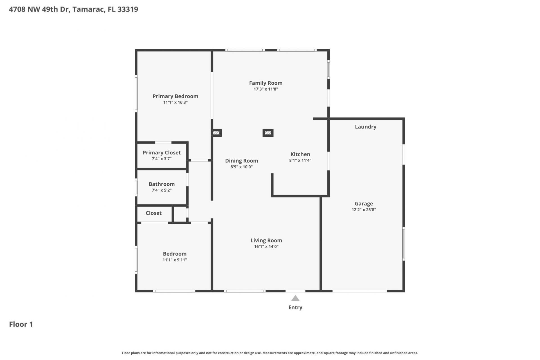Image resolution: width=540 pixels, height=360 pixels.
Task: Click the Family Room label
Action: point(265,83)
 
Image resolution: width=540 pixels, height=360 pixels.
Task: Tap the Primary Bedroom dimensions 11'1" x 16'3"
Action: point(175,102)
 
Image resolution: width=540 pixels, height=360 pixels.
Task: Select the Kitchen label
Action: point(300,154)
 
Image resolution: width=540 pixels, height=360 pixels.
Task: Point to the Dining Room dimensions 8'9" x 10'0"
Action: point(241,167)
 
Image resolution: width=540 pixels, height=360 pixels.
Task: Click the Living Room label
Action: point(266,240)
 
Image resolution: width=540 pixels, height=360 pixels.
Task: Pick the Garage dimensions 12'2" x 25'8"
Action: point(364,210)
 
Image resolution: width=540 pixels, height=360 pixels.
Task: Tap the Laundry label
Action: point(365,127)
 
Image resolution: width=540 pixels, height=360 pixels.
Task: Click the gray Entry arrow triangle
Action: point(295,298)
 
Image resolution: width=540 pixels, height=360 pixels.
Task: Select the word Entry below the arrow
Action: point(295,307)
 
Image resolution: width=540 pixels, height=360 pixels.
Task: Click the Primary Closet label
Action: point(161,152)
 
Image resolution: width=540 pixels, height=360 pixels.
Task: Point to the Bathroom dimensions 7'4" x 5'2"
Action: point(161,190)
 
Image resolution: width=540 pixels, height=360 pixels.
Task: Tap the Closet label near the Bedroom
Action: point(154,213)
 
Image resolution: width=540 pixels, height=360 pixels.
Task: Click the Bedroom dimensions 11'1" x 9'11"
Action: point(175,260)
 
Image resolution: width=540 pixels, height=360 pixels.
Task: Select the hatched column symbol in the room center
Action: point(268,133)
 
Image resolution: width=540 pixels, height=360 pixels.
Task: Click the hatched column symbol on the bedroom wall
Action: point(216,133)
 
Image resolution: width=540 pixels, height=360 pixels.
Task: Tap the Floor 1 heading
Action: point(21,324)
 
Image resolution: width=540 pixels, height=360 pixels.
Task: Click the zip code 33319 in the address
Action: point(128,9)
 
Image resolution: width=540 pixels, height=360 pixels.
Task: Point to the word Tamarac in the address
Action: point(89,9)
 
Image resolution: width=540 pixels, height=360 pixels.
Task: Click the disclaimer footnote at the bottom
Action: point(270,353)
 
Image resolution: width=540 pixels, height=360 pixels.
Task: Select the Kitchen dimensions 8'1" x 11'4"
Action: point(300,160)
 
